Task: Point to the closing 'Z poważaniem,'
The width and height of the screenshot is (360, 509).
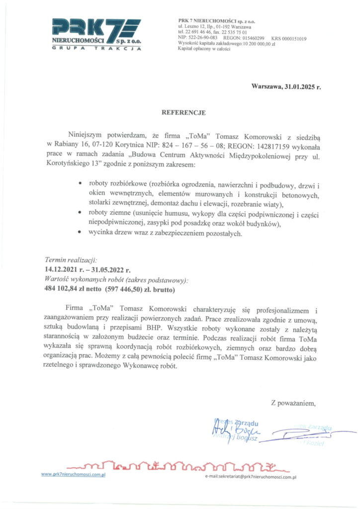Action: (x=293, y=402)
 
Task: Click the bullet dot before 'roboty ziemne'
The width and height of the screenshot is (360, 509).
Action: (x=81, y=212)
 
